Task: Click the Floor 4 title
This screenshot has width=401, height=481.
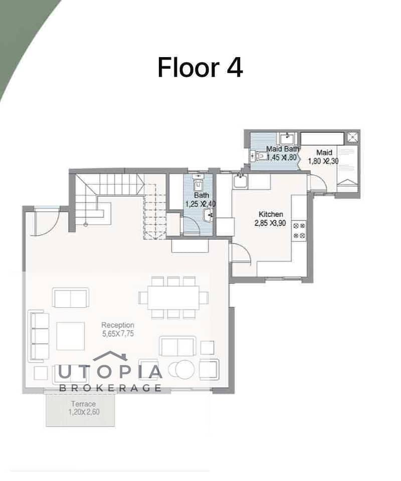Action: click(x=200, y=67)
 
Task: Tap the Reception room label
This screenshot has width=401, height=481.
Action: click(x=118, y=325)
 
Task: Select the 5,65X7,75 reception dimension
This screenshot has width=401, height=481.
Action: click(x=118, y=334)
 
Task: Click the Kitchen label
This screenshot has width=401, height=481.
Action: click(x=271, y=214)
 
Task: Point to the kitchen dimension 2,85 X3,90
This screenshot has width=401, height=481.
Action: click(x=270, y=223)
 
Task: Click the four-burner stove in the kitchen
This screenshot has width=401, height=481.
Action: click(x=299, y=230)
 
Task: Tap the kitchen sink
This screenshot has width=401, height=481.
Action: click(x=240, y=181)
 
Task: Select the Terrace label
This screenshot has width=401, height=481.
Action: click(x=83, y=404)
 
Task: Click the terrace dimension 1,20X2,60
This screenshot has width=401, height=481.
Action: click(x=84, y=412)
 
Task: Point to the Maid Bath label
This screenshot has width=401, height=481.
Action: click(x=282, y=149)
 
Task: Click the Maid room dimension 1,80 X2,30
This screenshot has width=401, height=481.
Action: click(x=324, y=161)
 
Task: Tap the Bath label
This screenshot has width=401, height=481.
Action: click(x=202, y=195)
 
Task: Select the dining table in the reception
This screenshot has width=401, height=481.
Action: click(x=173, y=298)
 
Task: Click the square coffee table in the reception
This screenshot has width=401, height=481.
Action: click(x=71, y=336)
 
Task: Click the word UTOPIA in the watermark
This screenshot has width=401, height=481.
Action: click(x=110, y=372)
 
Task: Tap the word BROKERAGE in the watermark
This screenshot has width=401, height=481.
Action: click(x=110, y=388)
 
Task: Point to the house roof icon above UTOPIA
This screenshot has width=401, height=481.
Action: click(x=110, y=356)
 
